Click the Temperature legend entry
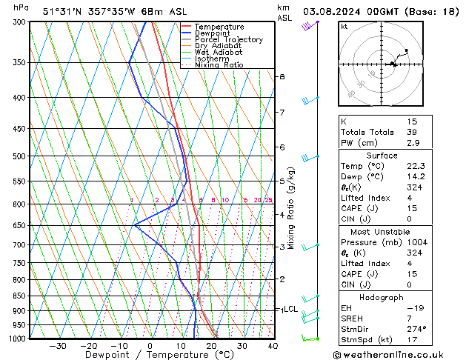[x=219, y=27]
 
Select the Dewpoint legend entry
[x=215, y=33]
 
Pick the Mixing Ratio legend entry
[x=219, y=65]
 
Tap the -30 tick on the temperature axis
[x=58, y=346]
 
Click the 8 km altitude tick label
[x=282, y=77]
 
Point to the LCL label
[x=290, y=309]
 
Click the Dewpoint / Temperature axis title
[x=148, y=356]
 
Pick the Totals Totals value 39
[x=412, y=132]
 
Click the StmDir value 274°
[x=416, y=328]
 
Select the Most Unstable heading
[x=382, y=231]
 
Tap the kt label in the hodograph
[x=344, y=27]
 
